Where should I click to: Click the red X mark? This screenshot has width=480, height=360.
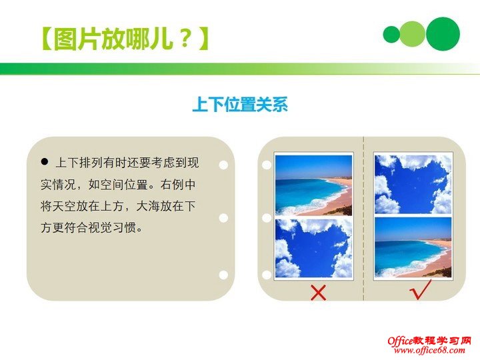319,291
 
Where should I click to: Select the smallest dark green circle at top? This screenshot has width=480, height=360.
391,34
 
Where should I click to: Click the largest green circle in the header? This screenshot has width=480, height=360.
443,33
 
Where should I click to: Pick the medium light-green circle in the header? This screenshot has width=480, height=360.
413,34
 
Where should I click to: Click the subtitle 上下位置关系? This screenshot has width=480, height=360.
239,105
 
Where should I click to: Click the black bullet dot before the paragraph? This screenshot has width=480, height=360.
45,161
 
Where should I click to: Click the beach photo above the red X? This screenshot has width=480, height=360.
313,185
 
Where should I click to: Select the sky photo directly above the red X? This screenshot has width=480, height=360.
313,249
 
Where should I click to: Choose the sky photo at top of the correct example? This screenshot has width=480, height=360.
413,184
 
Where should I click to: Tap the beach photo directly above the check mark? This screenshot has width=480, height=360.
413,247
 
